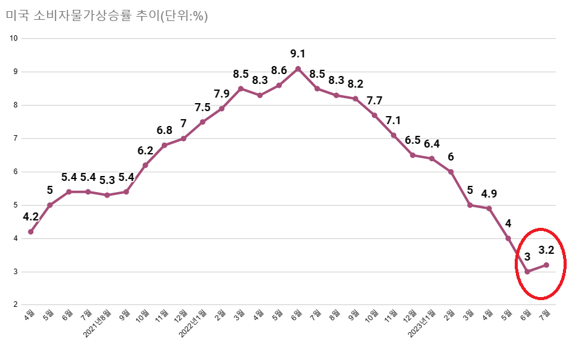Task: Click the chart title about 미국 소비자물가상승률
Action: tap(107, 17)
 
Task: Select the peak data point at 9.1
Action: tap(298, 69)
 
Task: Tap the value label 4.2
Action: tap(31, 217)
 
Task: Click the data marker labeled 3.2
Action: tap(546, 265)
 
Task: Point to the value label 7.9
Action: tap(222, 94)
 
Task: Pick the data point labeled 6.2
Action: tap(145, 165)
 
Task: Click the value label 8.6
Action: tap(279, 70)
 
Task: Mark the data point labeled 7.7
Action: tap(374, 115)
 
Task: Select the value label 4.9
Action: tap(489, 193)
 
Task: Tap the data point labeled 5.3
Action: tap(107, 195)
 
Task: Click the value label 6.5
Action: tap(413, 140)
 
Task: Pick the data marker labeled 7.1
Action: tap(394, 135)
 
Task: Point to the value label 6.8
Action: tap(164, 130)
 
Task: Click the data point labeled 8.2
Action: tap(355, 99)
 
